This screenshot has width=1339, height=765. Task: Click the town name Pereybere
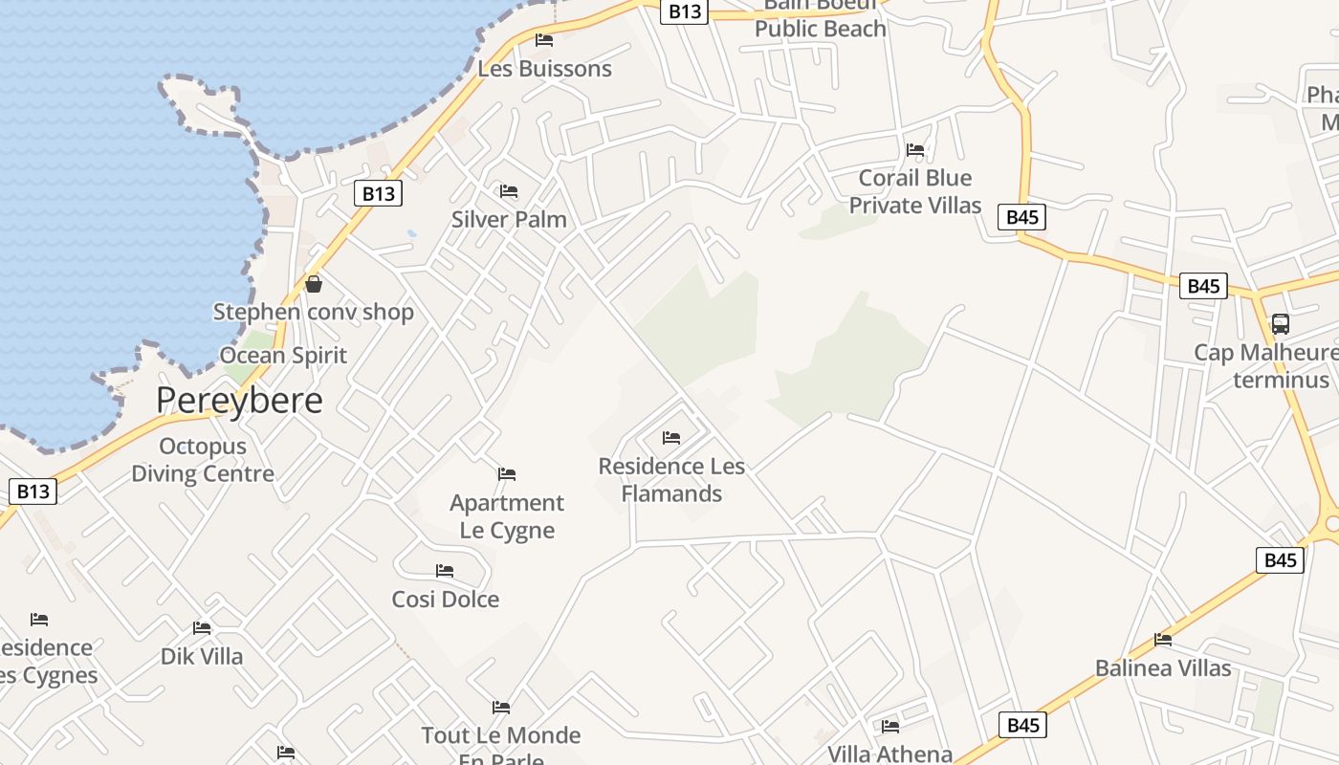(239, 400)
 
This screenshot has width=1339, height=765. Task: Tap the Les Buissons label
(544, 69)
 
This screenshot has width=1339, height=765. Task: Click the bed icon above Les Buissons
(544, 40)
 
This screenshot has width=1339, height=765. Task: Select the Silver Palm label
(509, 219)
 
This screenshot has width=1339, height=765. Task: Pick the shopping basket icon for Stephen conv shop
(313, 284)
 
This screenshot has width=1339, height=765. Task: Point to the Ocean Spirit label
(283, 355)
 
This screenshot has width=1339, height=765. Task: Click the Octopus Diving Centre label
(203, 460)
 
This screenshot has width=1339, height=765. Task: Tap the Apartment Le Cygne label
(507, 516)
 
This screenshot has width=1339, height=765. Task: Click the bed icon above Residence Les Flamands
(671, 438)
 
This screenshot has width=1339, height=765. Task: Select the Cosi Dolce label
(446, 600)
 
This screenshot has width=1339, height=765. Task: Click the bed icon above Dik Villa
(202, 628)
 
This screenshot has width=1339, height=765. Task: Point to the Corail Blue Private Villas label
(915, 191)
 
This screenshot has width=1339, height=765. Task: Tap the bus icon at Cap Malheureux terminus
(1281, 324)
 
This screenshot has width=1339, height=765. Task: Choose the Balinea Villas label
(1163, 667)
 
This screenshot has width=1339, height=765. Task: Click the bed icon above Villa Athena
(890, 727)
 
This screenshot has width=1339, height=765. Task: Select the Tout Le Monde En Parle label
(501, 741)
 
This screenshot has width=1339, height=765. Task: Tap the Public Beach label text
(821, 29)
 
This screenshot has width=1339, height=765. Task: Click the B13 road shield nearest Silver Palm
(378, 193)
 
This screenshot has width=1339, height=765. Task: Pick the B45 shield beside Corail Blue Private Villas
(1022, 217)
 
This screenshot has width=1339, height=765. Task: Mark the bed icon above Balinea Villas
(1163, 640)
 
